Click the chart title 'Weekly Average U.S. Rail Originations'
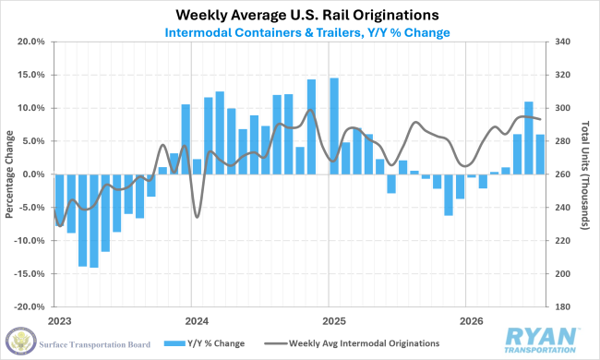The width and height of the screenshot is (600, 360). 306,15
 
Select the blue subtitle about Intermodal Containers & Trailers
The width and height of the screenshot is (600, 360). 307,32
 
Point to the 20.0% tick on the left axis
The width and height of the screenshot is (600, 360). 31,42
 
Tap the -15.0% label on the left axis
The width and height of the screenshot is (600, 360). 30,274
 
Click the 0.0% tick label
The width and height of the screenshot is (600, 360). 33,174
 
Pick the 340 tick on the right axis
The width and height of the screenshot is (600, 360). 562,42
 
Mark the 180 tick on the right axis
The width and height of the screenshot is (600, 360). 562,306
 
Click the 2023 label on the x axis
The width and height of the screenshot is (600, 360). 59,321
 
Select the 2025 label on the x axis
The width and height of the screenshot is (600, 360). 334,321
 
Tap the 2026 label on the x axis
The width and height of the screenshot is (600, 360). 472,321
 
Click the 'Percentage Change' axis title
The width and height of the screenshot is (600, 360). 9,174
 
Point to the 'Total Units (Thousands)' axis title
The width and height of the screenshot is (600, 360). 585,175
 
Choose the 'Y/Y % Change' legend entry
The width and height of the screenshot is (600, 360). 204,343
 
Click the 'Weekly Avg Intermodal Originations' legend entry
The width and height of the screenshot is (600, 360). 352,343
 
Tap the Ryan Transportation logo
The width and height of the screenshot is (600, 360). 540,340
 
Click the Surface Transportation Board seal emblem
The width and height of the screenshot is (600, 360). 21,341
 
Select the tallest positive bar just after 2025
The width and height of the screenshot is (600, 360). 334,126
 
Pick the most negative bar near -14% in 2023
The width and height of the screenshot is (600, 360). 94,222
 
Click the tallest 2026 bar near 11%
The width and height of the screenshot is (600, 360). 528,138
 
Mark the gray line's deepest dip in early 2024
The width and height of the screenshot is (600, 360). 197,217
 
